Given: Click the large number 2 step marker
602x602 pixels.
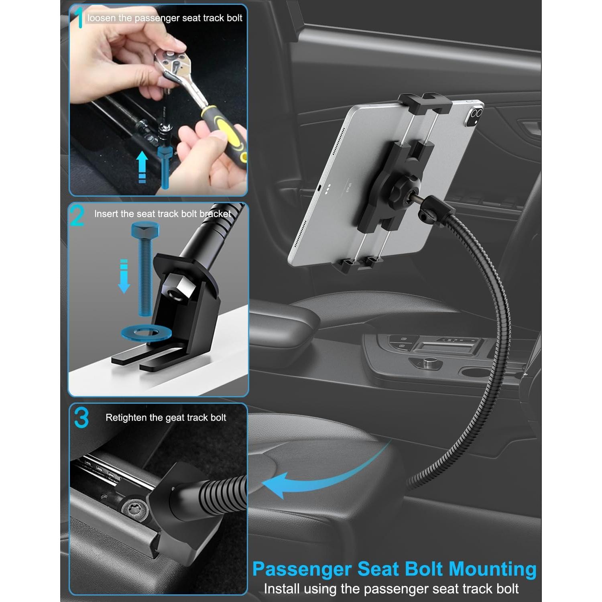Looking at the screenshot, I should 77,216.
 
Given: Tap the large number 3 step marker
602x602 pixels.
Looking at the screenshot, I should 81,418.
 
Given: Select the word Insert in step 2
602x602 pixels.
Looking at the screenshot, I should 106,214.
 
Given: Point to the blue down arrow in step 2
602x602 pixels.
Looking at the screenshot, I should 124,277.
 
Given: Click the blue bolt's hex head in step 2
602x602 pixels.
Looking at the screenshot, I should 145,231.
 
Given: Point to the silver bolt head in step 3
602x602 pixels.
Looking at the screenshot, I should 134,508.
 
